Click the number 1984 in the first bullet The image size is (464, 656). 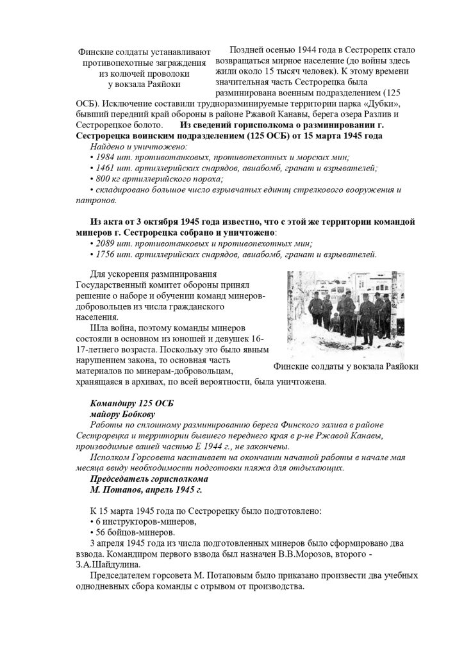pyautogui.click(x=106, y=158)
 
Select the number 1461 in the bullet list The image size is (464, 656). pyautogui.click(x=106, y=168)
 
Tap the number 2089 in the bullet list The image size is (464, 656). pyautogui.click(x=106, y=243)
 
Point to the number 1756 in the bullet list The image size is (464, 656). pyautogui.click(x=106, y=254)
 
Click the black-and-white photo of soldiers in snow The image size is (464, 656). pyautogui.click(x=345, y=315)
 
